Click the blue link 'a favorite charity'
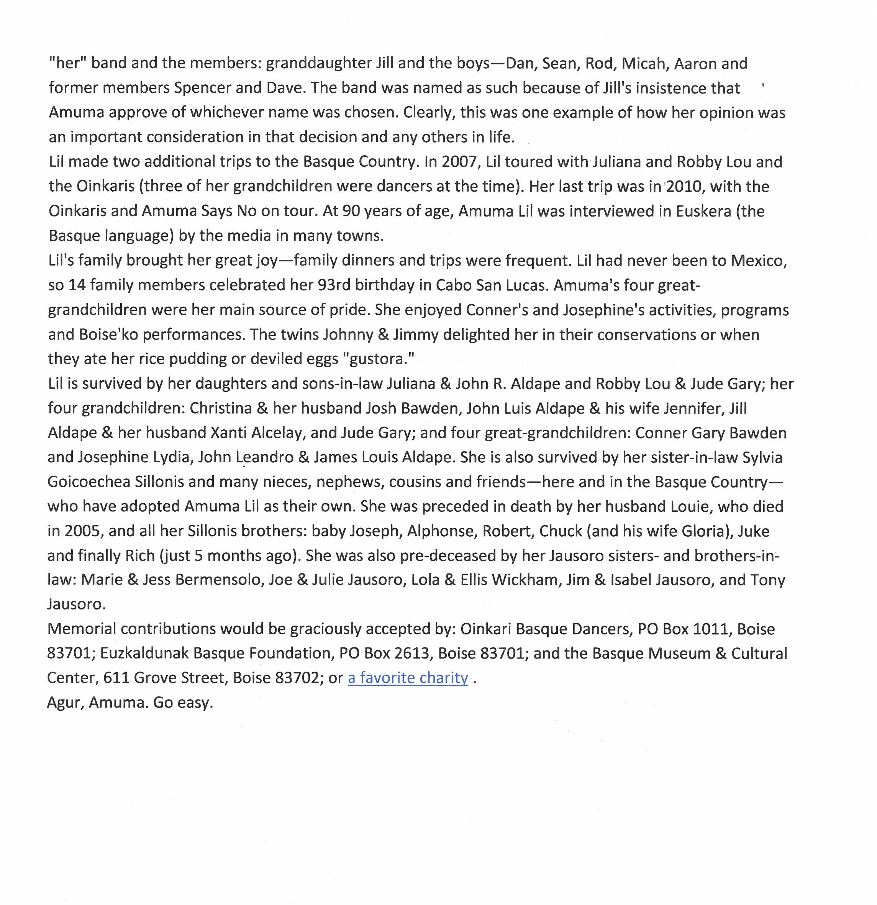408,677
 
